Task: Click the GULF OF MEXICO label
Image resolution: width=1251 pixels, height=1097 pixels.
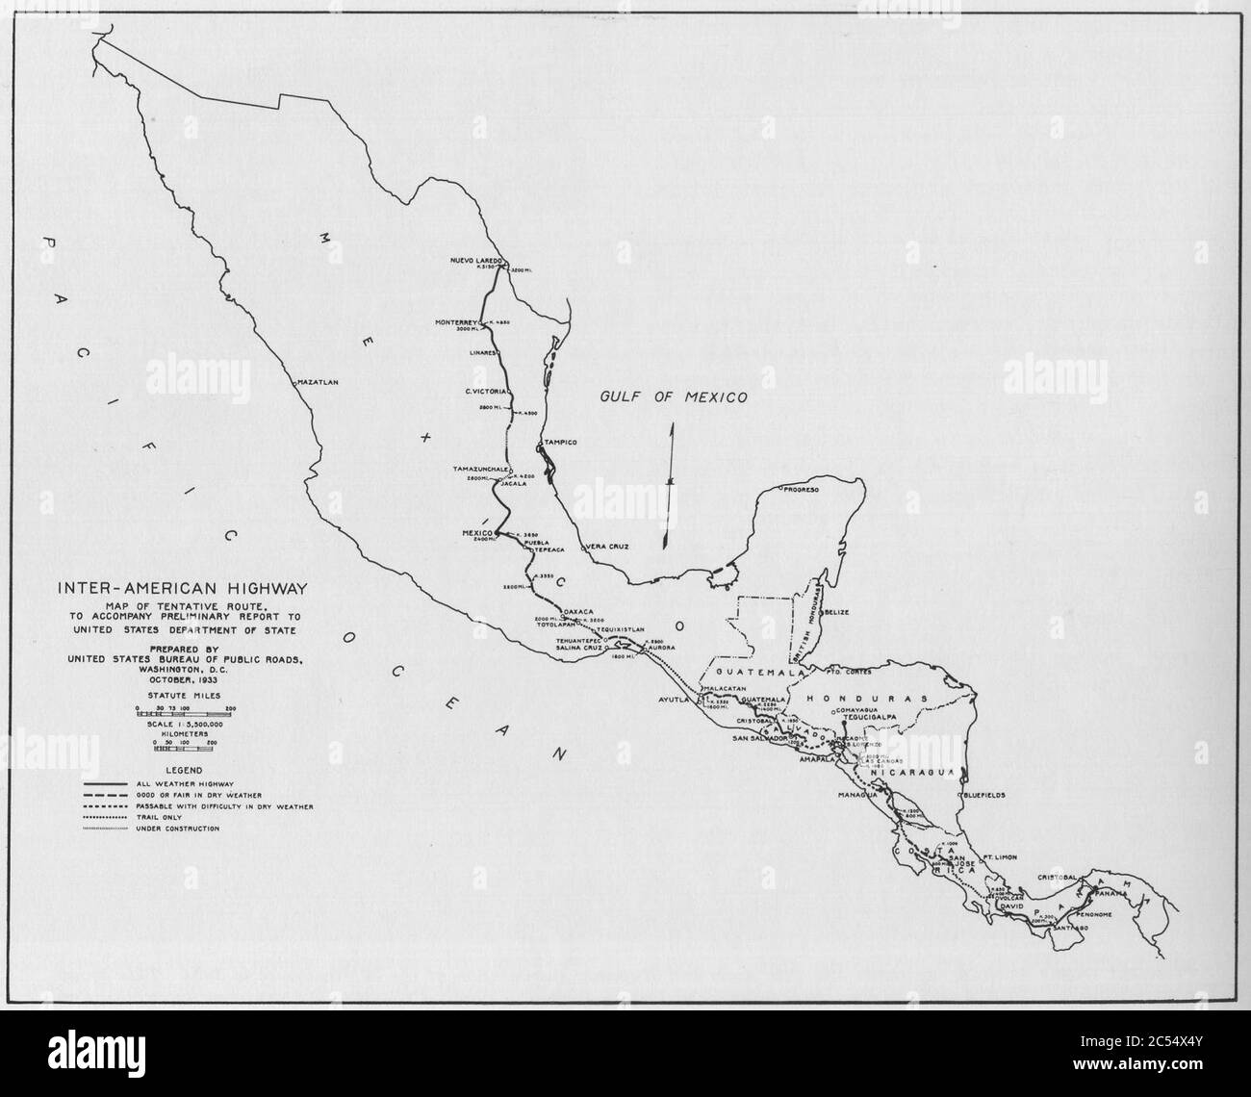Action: (674, 396)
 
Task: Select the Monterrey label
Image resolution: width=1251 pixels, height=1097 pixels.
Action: (457, 321)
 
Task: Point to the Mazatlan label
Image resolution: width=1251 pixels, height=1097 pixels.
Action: (319, 383)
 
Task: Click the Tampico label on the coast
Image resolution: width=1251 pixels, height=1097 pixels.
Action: (561, 442)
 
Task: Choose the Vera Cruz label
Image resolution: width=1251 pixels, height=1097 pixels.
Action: (606, 547)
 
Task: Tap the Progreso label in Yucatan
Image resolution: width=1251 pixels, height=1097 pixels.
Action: (801, 490)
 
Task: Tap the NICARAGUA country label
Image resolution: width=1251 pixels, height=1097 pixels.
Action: (909, 773)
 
